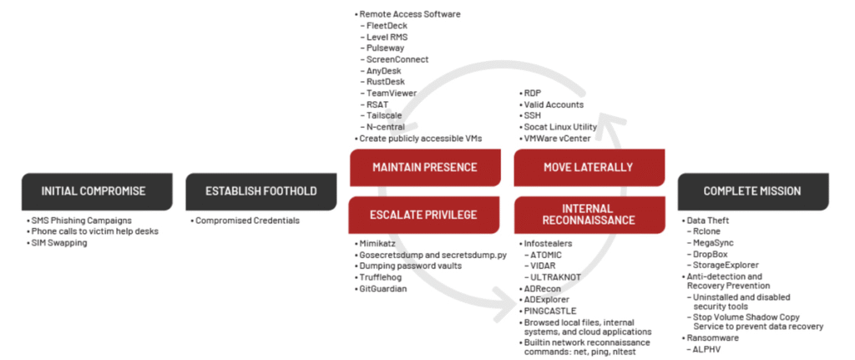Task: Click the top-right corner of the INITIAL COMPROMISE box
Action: point(172,174)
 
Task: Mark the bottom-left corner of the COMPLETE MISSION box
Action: point(678,210)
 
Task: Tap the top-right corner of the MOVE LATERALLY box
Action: point(665,150)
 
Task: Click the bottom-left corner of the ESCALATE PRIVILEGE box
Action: point(350,233)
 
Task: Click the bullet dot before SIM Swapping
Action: point(28,243)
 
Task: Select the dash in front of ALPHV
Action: point(689,349)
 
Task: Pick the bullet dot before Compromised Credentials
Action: point(193,221)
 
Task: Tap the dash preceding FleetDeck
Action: point(362,26)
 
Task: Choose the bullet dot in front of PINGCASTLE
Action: point(520,312)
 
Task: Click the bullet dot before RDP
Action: point(520,94)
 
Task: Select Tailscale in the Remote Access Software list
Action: point(384,115)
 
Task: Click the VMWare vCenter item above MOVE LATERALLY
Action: point(557,139)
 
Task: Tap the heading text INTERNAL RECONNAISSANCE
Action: point(589,215)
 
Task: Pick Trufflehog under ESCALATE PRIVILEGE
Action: point(380,277)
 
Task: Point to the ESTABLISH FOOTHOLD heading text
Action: point(261,191)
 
